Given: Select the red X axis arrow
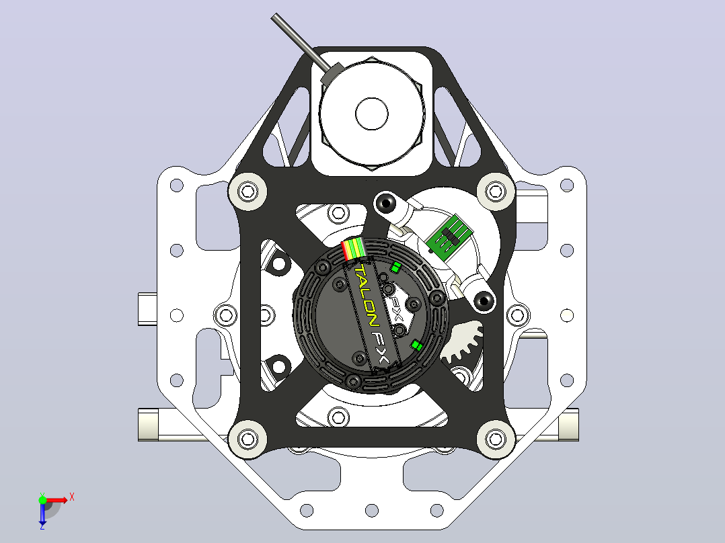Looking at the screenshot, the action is (x=57, y=500).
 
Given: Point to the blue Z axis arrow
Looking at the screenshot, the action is (x=42, y=513).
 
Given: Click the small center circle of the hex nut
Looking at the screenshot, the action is (x=372, y=114).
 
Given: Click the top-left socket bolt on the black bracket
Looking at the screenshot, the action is (x=247, y=192).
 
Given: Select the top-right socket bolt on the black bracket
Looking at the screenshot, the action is (x=496, y=192).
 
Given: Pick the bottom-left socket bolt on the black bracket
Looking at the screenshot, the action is (x=247, y=439).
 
